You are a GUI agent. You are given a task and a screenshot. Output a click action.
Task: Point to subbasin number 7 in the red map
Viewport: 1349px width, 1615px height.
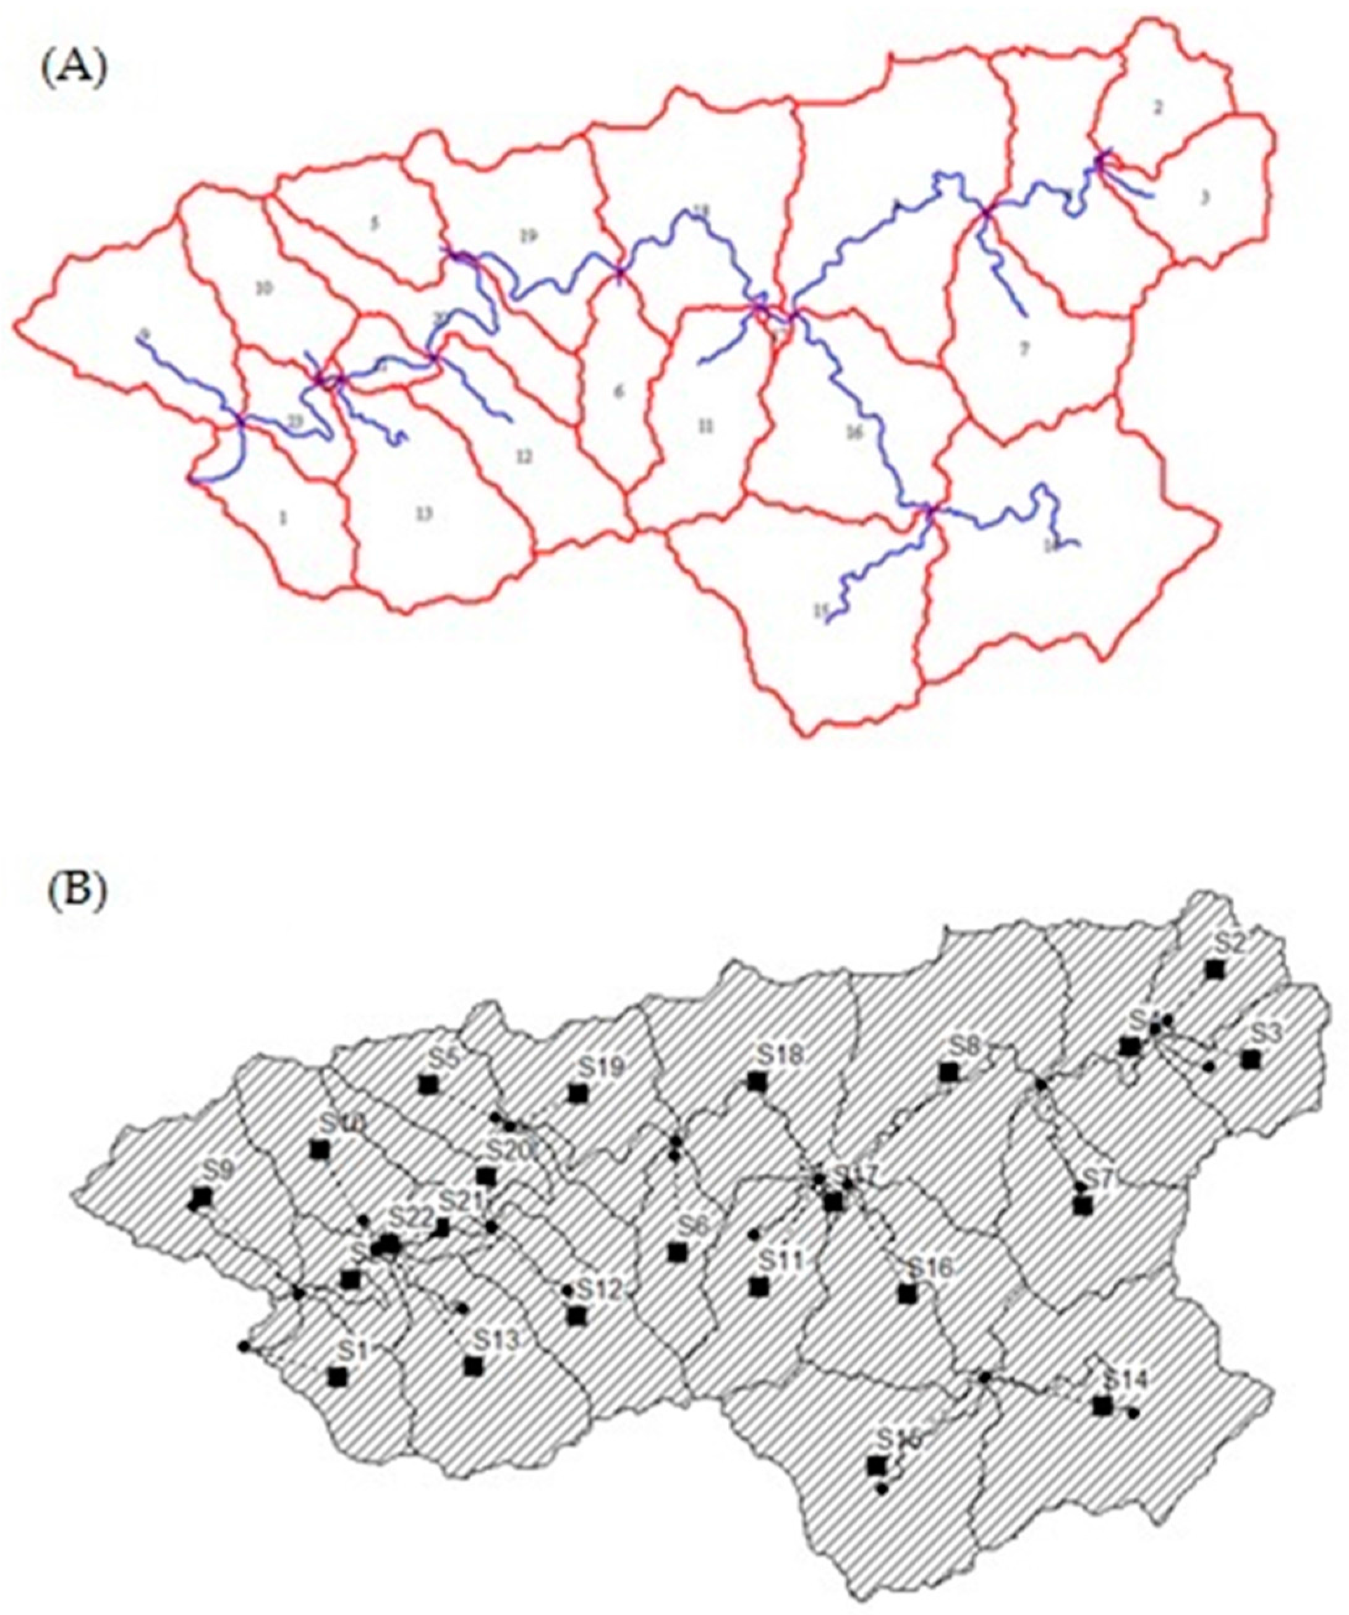(x=1023, y=348)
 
